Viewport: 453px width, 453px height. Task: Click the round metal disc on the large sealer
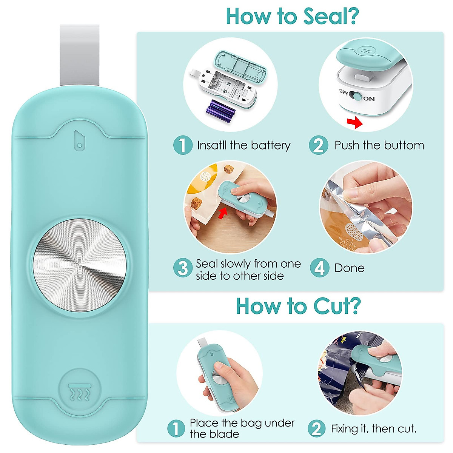tap(79, 265)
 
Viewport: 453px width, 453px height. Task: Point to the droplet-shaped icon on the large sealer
tap(79, 140)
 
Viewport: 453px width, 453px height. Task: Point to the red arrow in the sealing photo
tap(223, 214)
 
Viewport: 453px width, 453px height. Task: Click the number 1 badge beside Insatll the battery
tap(183, 145)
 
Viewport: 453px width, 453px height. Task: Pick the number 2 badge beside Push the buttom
tap(318, 145)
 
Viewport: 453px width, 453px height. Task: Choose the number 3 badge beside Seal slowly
tap(183, 268)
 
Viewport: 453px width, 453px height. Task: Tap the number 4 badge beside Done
tap(319, 268)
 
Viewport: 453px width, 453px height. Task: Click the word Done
tap(349, 268)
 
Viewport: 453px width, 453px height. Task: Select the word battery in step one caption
tap(271, 145)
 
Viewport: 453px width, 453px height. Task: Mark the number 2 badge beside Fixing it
tap(316, 428)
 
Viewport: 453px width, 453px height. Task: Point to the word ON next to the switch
tap(369, 99)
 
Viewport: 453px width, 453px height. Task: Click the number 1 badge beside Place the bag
tap(176, 428)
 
